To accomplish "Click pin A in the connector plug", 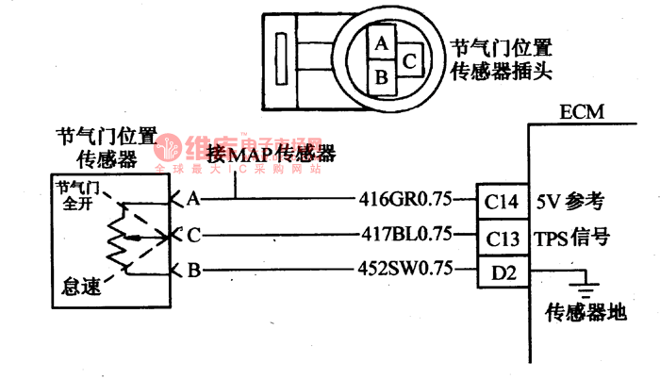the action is coord(381,44).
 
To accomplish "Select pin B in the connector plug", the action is coord(381,76).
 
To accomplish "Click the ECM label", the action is coord(582,113).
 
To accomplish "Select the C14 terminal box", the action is coord(501,201).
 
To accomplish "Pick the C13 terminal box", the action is coord(501,236).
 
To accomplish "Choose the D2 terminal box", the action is coord(501,272).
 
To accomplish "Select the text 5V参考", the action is coord(569,201).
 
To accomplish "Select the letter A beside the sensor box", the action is coord(192,200).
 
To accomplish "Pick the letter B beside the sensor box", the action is coord(192,272).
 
